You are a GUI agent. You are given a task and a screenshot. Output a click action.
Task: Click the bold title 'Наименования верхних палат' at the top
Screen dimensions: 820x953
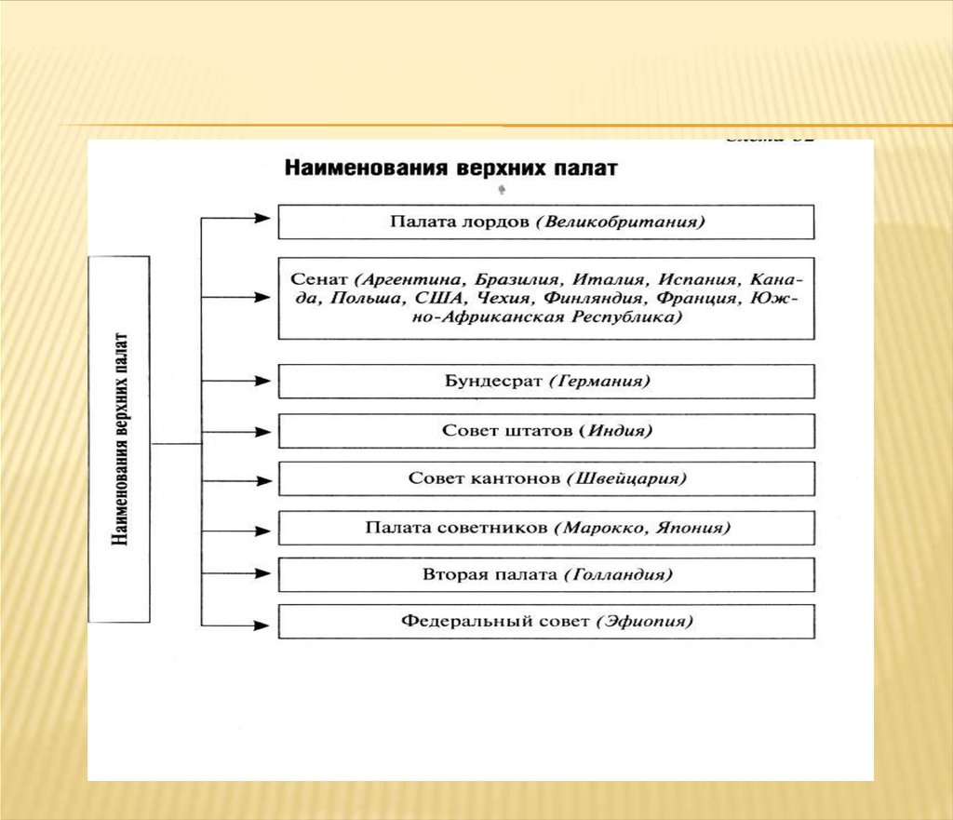click(450, 170)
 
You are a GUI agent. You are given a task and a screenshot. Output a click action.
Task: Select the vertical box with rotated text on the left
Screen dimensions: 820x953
click(118, 438)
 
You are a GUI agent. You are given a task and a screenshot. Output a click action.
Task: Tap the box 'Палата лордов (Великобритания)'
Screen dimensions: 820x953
click(546, 222)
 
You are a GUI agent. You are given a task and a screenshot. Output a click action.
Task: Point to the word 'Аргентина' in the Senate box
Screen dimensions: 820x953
click(408, 279)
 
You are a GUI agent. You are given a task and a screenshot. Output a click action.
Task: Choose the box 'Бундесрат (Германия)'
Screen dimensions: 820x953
click(546, 382)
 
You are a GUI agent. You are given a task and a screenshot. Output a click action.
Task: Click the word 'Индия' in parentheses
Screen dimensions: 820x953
click(619, 431)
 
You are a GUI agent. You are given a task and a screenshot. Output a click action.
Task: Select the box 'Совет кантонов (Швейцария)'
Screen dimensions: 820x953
click(546, 478)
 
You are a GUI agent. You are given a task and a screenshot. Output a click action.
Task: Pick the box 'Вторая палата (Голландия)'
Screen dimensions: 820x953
click(546, 575)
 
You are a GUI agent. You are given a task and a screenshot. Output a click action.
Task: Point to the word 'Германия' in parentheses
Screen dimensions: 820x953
click(599, 382)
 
